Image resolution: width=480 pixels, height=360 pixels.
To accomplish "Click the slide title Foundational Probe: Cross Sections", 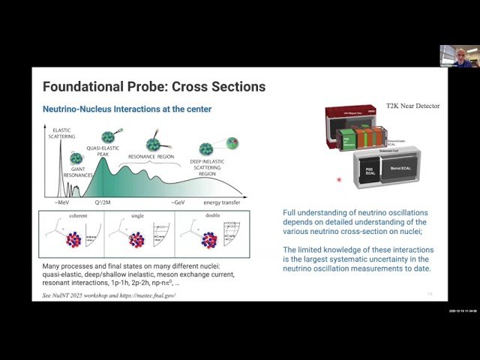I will [154, 87].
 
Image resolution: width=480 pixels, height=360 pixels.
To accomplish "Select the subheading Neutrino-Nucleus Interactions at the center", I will [127, 109].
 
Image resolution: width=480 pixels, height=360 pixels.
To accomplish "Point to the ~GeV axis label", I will [178, 202].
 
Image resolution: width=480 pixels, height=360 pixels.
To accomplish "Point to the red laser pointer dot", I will [339, 179].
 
